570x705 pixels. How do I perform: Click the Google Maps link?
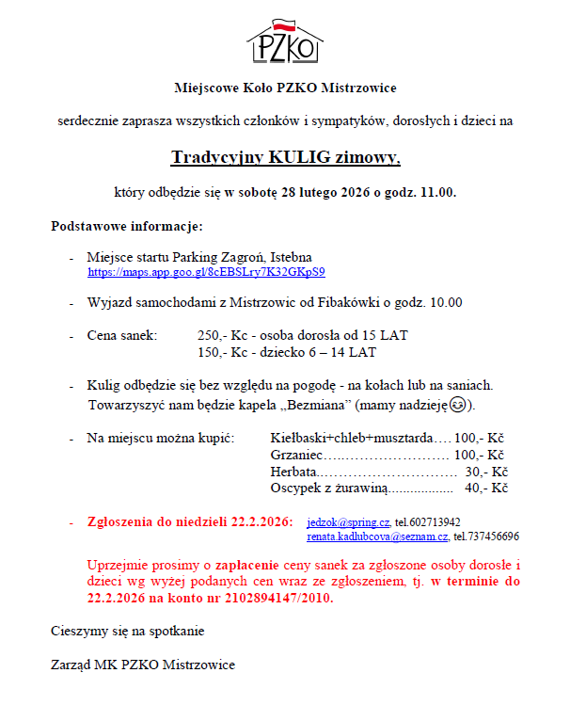[206, 272]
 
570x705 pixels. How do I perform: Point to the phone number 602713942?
[428, 521]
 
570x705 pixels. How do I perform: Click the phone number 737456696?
[486, 537]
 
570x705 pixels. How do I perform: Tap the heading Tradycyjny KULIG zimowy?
[285, 157]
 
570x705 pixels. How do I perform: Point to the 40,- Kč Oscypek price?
[486, 489]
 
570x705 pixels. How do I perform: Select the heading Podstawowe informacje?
[126, 226]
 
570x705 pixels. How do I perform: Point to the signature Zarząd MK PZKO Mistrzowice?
[142, 665]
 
